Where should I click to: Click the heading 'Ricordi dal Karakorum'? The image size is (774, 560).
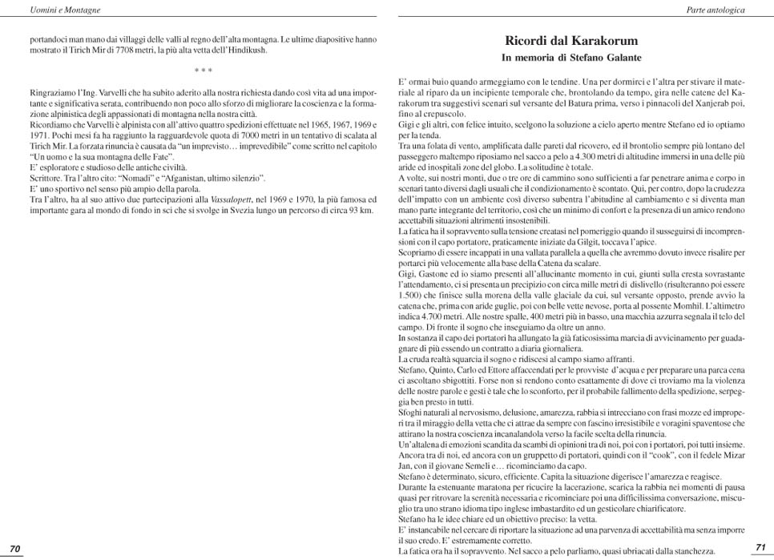coord(571,40)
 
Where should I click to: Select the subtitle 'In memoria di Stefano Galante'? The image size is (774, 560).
coord(571,58)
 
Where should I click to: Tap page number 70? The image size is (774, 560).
coord(14,548)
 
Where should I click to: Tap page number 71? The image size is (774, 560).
coord(760,546)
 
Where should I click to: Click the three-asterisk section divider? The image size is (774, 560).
coord(203,72)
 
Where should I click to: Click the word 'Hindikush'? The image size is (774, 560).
coord(245,50)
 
